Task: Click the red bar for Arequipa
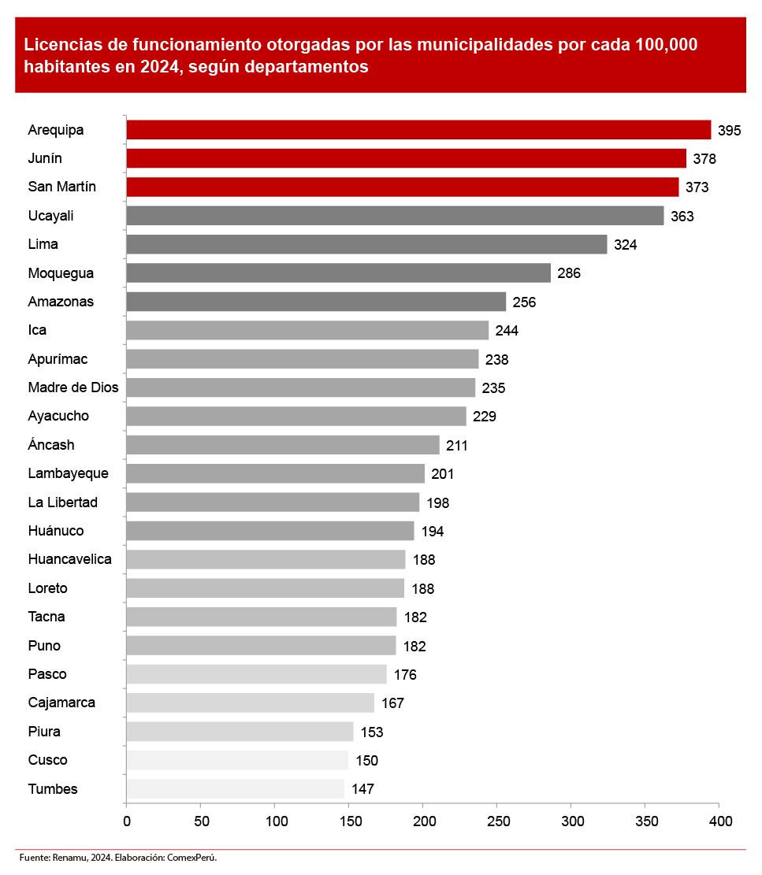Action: click(418, 130)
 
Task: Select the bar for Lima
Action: click(366, 244)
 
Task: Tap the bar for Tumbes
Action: click(235, 788)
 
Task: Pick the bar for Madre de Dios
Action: click(300, 387)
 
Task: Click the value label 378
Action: click(704, 159)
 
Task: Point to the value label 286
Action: click(568, 273)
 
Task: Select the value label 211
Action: click(456, 446)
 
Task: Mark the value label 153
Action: click(371, 732)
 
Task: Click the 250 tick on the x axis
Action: click(497, 821)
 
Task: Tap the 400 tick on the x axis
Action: click(720, 821)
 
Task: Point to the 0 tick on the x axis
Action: click(126, 821)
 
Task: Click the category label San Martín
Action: click(61, 187)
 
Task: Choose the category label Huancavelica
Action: click(69, 559)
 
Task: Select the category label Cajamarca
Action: click(61, 703)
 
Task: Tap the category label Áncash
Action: click(50, 445)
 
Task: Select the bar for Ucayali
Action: click(395, 216)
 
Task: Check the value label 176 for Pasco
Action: click(405, 675)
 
